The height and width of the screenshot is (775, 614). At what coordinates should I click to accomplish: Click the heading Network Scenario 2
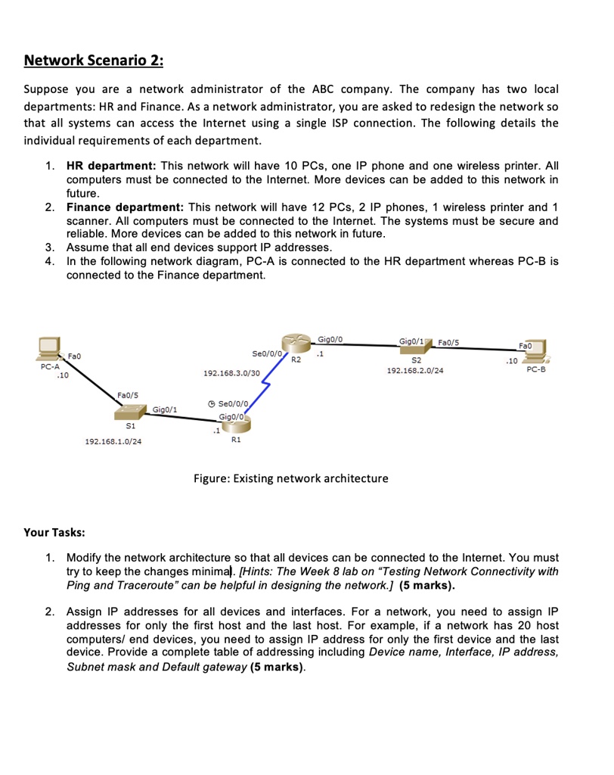[x=93, y=60]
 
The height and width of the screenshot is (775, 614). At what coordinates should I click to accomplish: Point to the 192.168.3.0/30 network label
[x=232, y=374]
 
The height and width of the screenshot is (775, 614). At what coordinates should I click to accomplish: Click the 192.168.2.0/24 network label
[x=415, y=372]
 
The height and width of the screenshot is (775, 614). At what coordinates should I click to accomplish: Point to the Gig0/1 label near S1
[x=165, y=409]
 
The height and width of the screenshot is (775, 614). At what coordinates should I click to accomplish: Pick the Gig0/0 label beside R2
[x=331, y=340]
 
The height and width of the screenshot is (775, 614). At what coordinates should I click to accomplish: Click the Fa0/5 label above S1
[x=128, y=394]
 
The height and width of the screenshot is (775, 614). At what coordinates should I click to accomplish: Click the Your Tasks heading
[x=54, y=533]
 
